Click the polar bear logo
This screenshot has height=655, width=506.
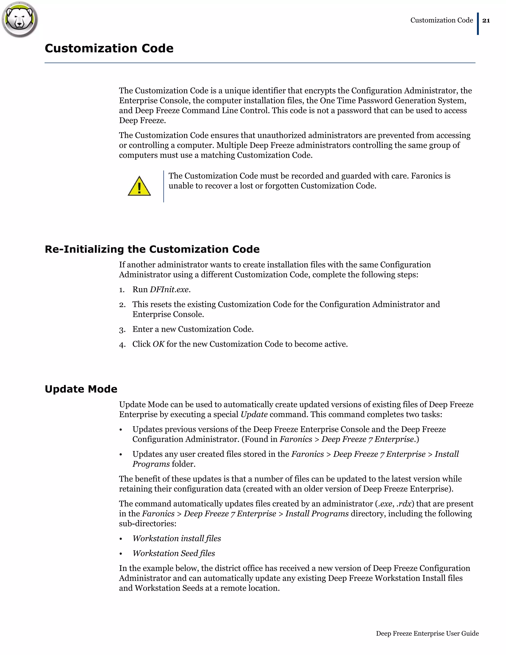tap(20, 20)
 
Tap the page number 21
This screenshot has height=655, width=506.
tap(486, 21)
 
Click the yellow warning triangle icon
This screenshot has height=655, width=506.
tap(139, 187)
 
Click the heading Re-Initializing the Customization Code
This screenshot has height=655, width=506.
tap(152, 249)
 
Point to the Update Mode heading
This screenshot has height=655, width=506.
tap(81, 389)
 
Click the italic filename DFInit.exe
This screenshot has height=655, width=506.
tap(169, 289)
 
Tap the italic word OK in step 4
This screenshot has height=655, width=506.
tap(159, 344)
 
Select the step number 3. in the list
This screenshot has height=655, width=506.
tap(122, 329)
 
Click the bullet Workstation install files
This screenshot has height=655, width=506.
tap(177, 538)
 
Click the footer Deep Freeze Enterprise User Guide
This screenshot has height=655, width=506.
tap(427, 633)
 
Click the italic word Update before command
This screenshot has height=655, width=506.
tap(254, 415)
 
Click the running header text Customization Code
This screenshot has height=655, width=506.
tap(441, 21)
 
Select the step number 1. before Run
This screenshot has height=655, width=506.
tap(122, 290)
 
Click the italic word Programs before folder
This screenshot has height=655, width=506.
tap(151, 464)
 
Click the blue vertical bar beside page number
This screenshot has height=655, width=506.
tap(478, 24)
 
